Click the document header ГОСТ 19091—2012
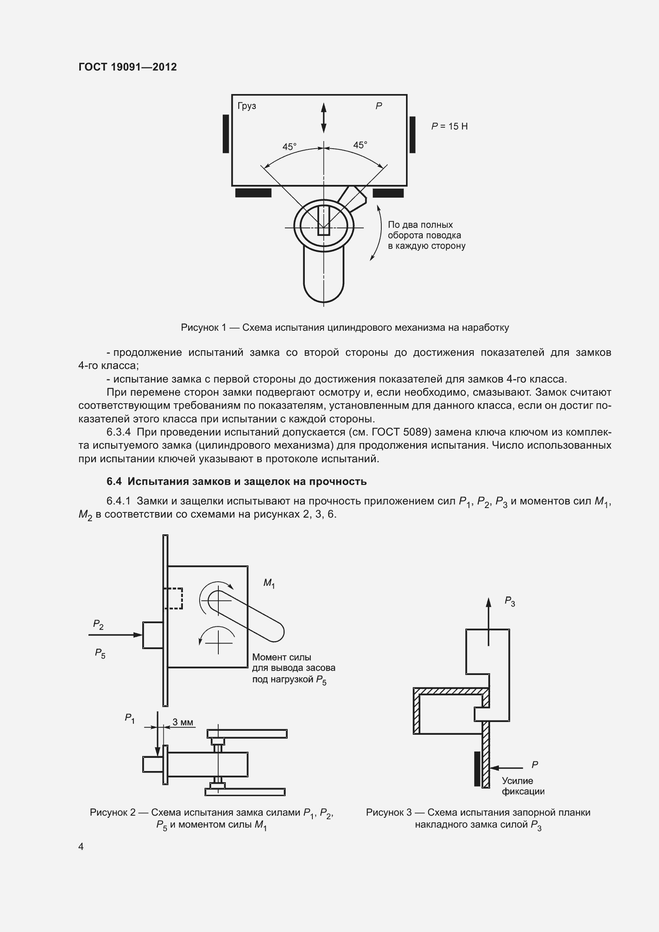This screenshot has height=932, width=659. (x=127, y=67)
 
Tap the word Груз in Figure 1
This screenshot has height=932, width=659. (x=247, y=106)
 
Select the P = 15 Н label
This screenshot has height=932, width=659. (x=449, y=127)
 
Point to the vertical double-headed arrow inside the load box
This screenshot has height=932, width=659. (x=324, y=118)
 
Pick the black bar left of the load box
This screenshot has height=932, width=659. (x=226, y=133)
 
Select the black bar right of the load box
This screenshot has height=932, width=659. (x=412, y=135)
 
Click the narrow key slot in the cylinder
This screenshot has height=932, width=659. (x=324, y=220)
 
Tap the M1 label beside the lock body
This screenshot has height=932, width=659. (x=269, y=583)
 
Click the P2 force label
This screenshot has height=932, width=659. (x=98, y=624)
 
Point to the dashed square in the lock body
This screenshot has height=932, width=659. (x=173, y=598)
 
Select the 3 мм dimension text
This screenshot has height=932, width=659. (x=182, y=722)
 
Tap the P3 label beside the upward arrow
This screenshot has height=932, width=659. (x=510, y=601)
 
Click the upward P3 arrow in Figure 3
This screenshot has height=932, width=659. (x=488, y=621)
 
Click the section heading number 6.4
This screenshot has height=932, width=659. (x=114, y=481)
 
